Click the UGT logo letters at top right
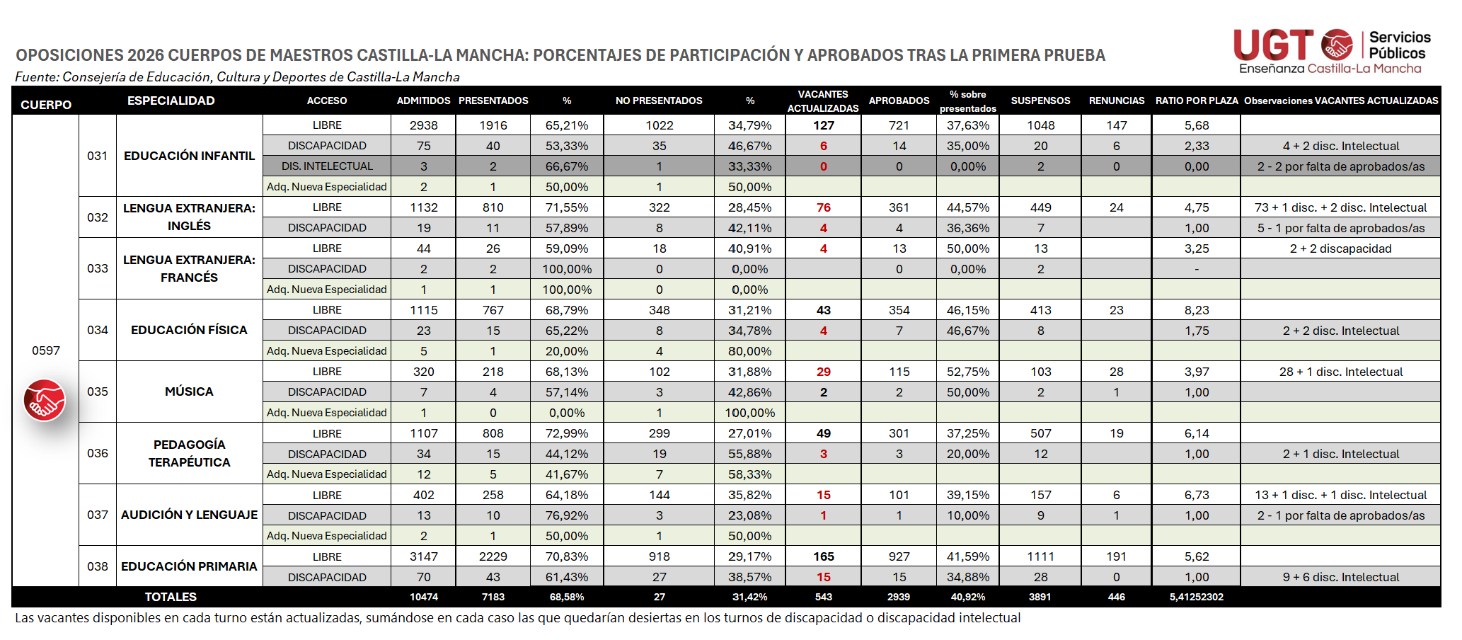pos(1273,45)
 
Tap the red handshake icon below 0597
pos(45,400)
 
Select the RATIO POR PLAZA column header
pos(1197,101)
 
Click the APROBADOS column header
pos(899,101)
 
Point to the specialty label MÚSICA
pos(189,392)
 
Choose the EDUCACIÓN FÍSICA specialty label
pos(189,330)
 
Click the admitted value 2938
pos(424,125)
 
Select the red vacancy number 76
pos(824,207)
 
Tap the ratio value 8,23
pos(1197,310)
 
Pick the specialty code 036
pos(98,453)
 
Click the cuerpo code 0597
pos(46,350)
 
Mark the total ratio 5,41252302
pos(1197,597)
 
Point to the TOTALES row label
pos(171,597)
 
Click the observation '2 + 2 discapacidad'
pos(1340,248)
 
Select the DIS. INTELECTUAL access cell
pos(327,166)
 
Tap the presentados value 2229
pos(493,556)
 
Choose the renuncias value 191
pos(1116,556)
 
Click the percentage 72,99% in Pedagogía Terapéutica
pos(567,433)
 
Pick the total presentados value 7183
pos(493,597)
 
